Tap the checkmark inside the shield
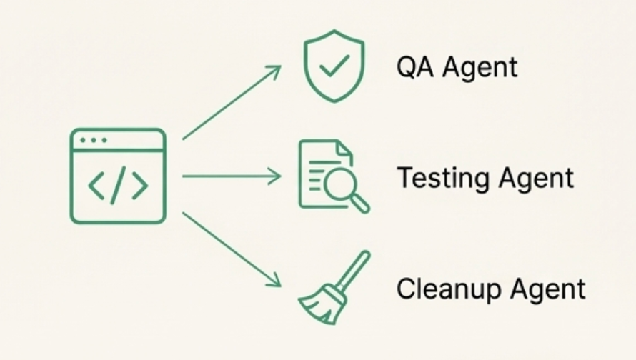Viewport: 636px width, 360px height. point(333,68)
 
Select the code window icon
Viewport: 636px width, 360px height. point(118,176)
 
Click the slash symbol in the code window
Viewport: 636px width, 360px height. point(118,186)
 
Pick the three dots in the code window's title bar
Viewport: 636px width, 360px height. point(93,140)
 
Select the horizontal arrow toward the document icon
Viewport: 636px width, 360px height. point(232,176)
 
